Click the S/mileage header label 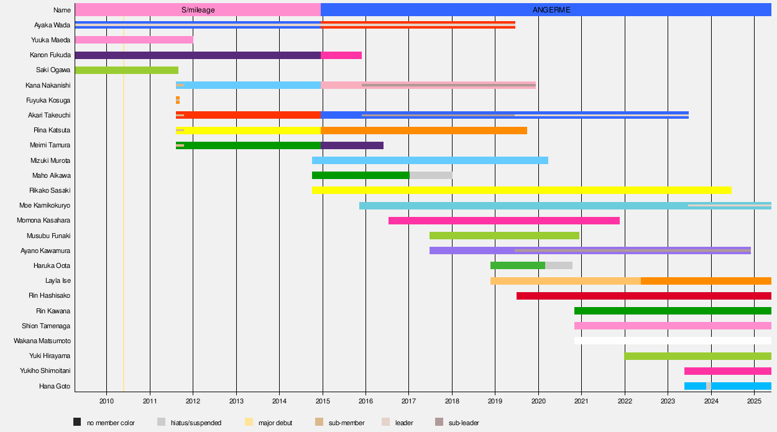[197, 10]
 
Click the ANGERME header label [551, 10]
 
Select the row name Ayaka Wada [52, 25]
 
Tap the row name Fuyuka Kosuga [48, 100]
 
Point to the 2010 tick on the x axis [106, 400]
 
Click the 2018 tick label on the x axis [452, 400]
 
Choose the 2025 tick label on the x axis [754, 400]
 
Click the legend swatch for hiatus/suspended [162, 423]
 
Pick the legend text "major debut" [275, 423]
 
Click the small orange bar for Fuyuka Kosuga [178, 100]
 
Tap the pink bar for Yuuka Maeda [134, 40]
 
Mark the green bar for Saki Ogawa [126, 70]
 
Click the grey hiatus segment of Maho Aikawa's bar [431, 175]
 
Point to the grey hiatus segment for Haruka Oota [559, 265]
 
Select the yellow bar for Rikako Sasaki [522, 190]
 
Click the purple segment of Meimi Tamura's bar [352, 145]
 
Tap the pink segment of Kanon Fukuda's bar [341, 55]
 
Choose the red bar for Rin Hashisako [643, 296]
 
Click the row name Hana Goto [54, 386]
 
